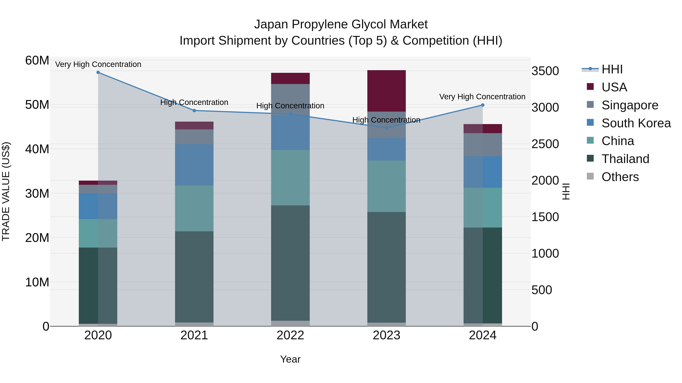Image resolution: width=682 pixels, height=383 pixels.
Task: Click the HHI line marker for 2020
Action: pos(98,72)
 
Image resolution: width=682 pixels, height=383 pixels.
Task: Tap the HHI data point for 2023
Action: pos(386,128)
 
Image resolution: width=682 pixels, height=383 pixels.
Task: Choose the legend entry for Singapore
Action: pos(630,105)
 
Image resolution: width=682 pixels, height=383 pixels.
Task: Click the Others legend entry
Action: pos(620,177)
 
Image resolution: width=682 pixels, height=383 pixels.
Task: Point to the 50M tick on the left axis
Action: pos(37,105)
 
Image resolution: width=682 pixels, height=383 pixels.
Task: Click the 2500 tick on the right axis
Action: pos(545,144)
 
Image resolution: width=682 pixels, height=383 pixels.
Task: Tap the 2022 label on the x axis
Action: pos(290,335)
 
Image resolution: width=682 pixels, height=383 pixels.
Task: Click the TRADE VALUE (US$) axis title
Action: pos(6,191)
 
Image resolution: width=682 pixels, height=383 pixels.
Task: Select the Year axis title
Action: pos(290,359)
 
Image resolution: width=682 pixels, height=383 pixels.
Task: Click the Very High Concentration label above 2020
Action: pos(98,64)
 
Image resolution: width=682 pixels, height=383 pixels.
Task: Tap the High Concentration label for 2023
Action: pos(386,120)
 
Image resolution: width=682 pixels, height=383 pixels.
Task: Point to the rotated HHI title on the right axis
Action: pos(565,191)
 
